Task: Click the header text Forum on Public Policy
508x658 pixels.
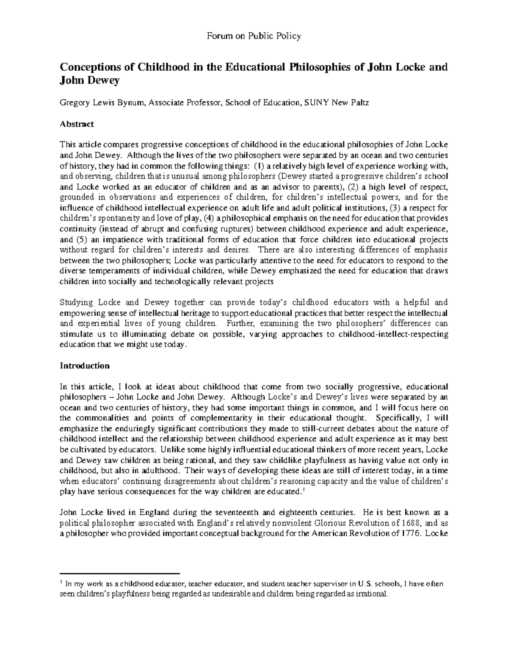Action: tap(254, 36)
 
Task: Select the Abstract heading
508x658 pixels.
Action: tap(77, 124)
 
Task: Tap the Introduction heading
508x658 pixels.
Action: tap(85, 366)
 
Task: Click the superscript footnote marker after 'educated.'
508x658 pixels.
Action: tap(304, 490)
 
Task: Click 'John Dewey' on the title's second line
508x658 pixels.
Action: tap(89, 81)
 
